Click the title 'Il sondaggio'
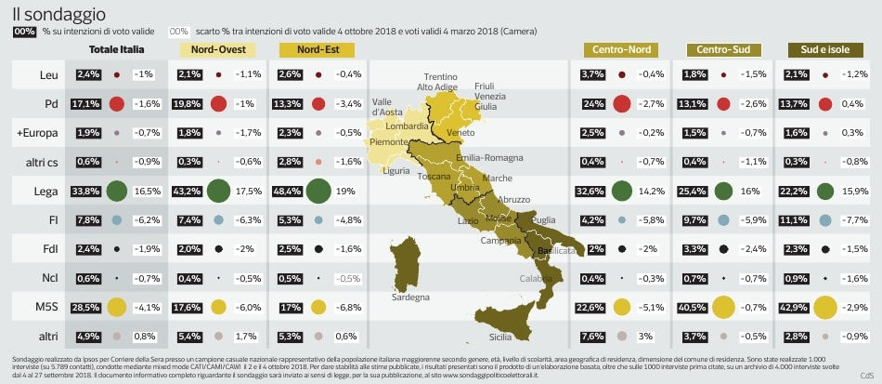[58, 14]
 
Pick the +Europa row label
[37, 133]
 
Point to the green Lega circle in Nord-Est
[318, 192]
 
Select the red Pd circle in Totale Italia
[117, 104]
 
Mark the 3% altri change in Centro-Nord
[646, 336]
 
